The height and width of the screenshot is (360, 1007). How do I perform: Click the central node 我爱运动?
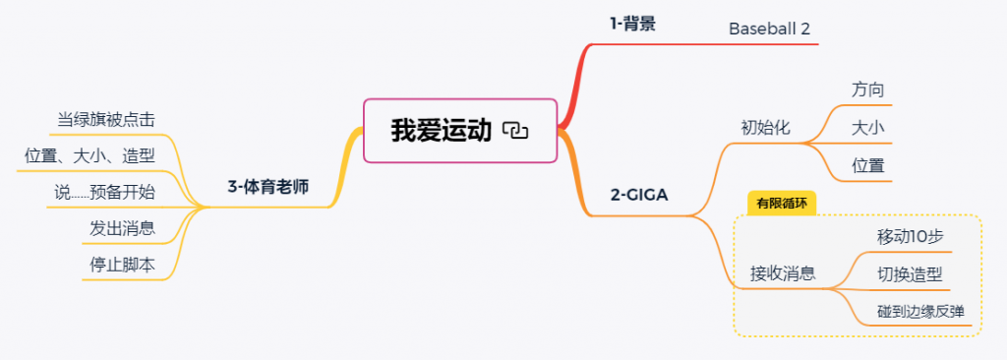[x=460, y=131]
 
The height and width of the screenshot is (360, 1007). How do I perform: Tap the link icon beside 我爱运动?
[x=515, y=131]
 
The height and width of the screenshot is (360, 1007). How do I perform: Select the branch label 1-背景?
[x=632, y=25]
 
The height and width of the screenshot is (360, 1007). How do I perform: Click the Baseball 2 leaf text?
[x=769, y=29]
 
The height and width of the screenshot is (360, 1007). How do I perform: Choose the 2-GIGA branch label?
[x=639, y=194]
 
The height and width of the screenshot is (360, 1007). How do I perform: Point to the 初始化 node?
[x=765, y=127]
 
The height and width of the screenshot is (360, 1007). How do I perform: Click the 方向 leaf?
[x=868, y=90]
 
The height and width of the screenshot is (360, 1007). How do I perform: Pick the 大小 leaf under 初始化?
[x=868, y=127]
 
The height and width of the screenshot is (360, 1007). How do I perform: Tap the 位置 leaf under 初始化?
[x=868, y=166]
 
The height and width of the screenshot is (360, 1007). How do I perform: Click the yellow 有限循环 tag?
[x=782, y=204]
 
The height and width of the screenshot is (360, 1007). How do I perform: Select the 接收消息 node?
[x=783, y=273]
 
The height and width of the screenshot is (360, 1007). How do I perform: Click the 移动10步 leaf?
[x=910, y=237]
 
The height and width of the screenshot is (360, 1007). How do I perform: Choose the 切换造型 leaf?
[x=910, y=274]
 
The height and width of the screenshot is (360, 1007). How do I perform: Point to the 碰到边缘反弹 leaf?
[x=920, y=312]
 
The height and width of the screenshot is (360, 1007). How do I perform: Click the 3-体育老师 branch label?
[x=267, y=187]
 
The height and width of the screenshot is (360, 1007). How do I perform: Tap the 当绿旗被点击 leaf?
[x=106, y=120]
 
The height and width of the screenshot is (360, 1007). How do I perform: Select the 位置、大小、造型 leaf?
[x=89, y=155]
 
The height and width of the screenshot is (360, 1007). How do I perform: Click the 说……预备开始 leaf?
[x=104, y=192]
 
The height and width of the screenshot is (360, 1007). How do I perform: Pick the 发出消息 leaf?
[x=123, y=228]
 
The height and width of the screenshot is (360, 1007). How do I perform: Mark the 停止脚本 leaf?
[x=123, y=265]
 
